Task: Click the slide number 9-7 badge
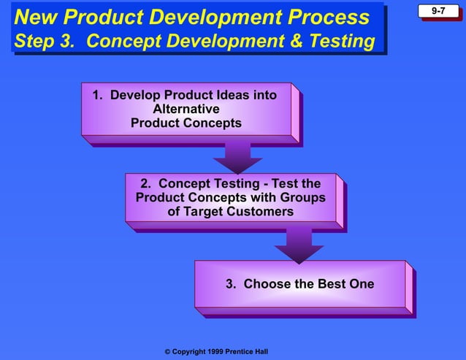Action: [x=439, y=12]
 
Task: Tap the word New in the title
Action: [x=37, y=18]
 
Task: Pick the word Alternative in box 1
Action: [x=186, y=109]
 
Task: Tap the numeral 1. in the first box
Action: [x=98, y=95]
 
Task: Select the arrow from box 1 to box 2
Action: [x=237, y=156]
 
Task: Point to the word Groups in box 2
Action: [x=301, y=198]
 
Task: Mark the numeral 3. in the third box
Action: [x=231, y=284]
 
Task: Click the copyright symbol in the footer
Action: [x=167, y=352]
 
